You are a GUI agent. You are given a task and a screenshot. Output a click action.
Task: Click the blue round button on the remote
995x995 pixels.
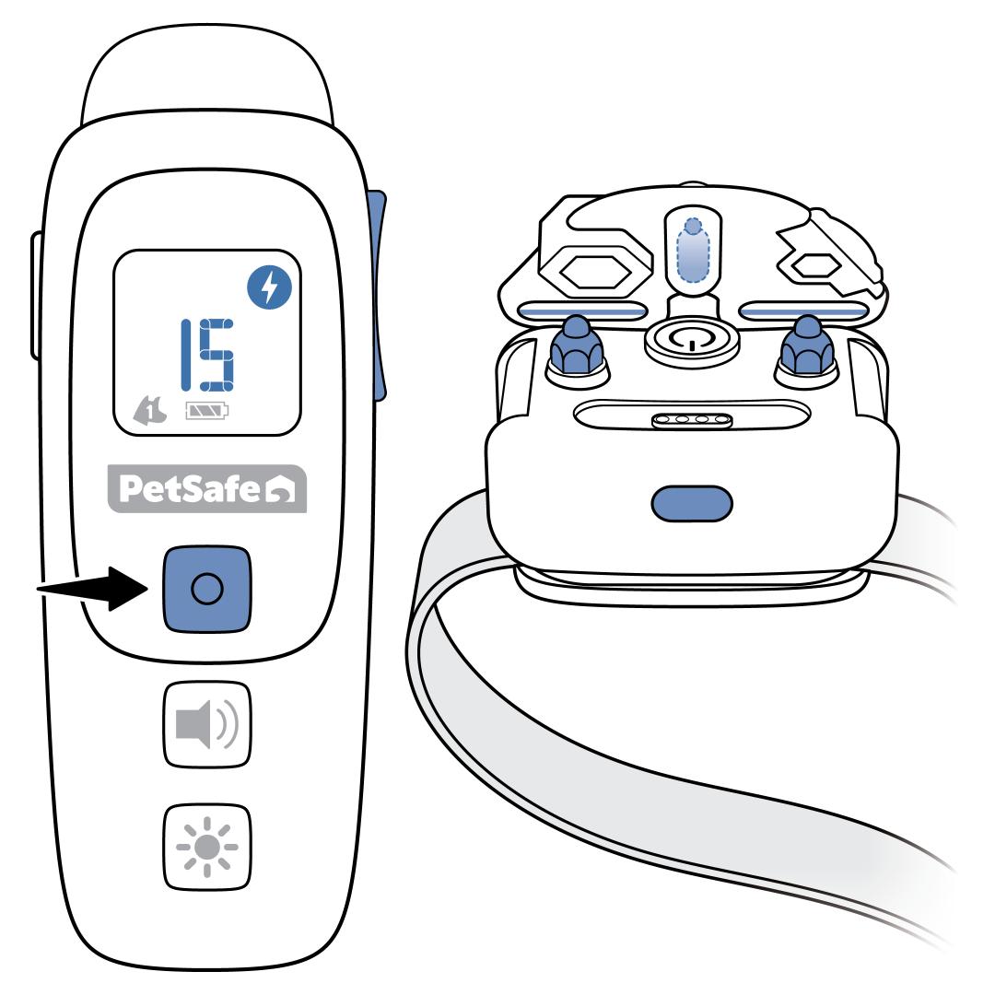click(x=207, y=590)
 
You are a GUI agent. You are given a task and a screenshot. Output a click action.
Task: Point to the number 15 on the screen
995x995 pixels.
click(x=206, y=354)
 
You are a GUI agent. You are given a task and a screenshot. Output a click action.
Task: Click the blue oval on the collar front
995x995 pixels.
click(x=692, y=502)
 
